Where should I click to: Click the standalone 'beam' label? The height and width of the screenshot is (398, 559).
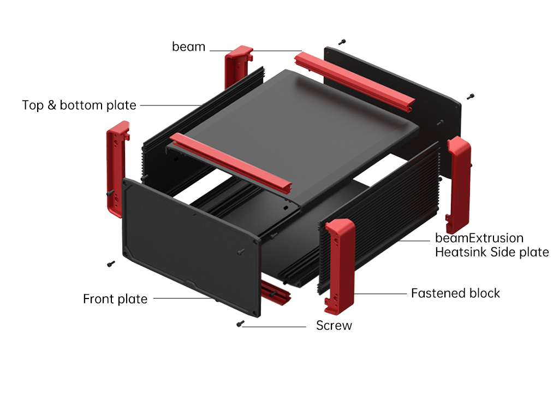pos(188,47)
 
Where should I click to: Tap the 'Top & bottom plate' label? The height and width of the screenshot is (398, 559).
pos(79,105)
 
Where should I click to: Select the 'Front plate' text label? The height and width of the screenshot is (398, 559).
pos(115,299)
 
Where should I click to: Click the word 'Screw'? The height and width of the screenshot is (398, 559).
pos(334,326)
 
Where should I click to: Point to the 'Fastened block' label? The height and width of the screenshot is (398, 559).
pos(455,293)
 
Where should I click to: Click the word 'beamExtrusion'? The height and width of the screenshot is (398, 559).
pos(479,238)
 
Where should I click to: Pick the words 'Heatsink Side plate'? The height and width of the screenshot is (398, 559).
pos(491,252)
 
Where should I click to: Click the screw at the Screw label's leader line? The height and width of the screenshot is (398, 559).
pos(239,325)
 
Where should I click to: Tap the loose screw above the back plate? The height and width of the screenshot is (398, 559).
pos(342,42)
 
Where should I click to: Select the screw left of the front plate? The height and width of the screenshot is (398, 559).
pos(111,264)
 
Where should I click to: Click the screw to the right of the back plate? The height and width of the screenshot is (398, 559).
pos(470,97)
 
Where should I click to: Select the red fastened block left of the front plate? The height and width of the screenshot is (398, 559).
pos(117,169)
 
